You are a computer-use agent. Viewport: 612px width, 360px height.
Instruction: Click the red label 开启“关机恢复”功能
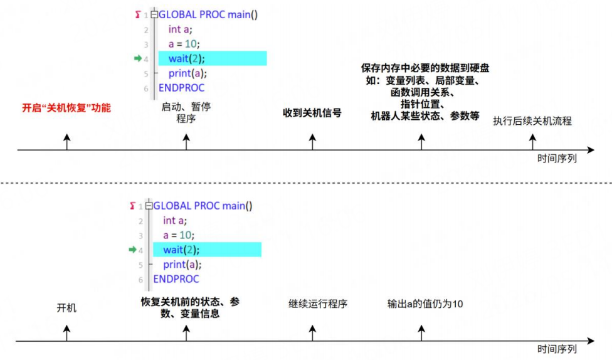coord(66,108)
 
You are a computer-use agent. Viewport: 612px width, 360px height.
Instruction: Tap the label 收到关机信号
coord(312,114)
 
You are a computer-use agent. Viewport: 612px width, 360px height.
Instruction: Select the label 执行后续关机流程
coord(532,121)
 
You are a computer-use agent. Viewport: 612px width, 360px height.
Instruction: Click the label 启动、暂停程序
coord(186,112)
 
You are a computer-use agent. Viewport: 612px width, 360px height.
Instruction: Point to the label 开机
coord(66,308)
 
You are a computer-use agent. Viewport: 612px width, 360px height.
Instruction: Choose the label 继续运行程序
coord(318,304)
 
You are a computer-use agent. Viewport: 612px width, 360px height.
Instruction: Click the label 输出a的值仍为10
coord(425,304)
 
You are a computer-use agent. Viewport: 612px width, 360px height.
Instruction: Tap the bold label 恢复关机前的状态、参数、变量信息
coord(190,308)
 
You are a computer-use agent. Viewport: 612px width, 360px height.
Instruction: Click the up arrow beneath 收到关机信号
coord(312,142)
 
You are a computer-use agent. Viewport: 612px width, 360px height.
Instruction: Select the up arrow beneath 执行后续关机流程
coord(532,142)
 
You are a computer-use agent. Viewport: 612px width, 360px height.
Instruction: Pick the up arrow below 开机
coord(66,333)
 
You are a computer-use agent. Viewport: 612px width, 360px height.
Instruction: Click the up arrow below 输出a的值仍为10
coord(421,333)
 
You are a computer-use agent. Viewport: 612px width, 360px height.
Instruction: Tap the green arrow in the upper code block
coord(138,58)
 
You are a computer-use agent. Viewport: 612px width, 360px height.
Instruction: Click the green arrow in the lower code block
coord(132,250)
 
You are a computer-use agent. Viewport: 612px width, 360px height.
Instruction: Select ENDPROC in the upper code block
coord(181,88)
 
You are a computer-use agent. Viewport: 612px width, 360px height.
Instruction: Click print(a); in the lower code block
coord(182,265)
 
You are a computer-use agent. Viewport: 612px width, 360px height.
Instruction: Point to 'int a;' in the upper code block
coord(181,29)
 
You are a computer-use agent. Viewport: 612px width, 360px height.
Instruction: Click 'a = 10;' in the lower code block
coord(179,235)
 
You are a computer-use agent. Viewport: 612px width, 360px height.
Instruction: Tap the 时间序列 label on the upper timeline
coord(557,159)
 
